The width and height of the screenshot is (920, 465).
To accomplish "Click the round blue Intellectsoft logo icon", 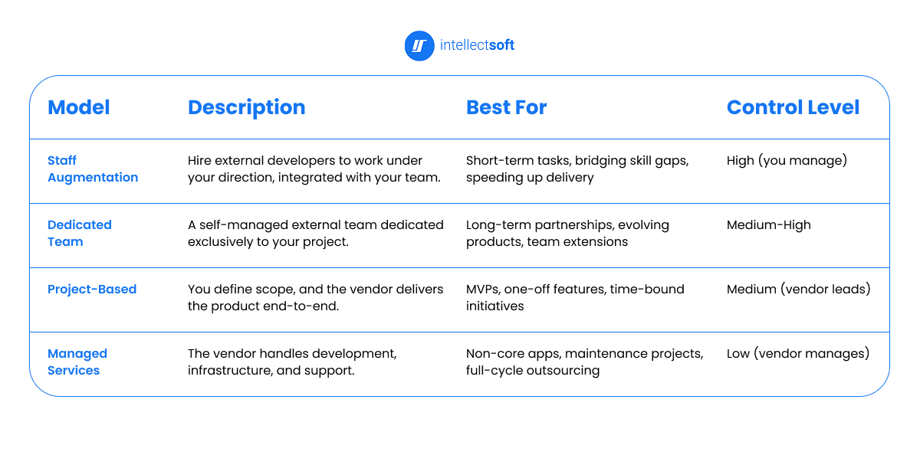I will (x=419, y=45).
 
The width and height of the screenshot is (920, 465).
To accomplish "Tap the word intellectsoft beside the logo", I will (x=477, y=45).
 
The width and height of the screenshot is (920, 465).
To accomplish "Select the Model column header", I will (x=78, y=108).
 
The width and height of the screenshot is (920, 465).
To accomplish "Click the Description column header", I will (x=246, y=108).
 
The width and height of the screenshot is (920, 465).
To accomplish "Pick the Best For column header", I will (x=506, y=108).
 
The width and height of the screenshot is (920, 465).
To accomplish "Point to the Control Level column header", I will (x=793, y=108).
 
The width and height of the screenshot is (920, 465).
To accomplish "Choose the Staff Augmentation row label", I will (x=92, y=169).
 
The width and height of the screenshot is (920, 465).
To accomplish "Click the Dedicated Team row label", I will (x=79, y=233).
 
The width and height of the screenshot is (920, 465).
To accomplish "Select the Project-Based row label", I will (x=92, y=289).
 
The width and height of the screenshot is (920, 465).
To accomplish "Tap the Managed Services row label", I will (x=77, y=362).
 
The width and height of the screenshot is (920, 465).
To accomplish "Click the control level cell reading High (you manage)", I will (x=787, y=161).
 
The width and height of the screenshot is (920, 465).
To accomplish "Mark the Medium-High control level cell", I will (x=768, y=225).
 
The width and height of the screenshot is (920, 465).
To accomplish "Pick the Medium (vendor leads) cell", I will (x=798, y=290).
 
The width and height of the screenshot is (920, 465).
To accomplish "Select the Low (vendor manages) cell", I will (x=797, y=354).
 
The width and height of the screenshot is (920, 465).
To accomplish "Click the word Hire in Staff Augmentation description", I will (x=200, y=161).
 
